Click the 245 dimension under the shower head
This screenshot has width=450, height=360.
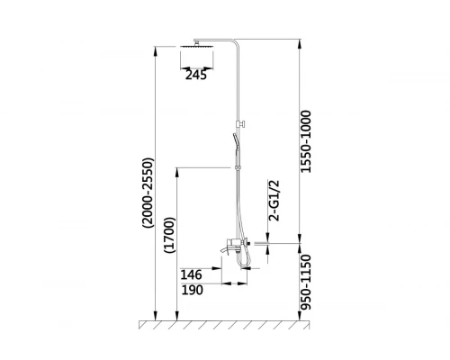[196, 75]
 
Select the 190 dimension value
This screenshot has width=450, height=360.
[192, 289]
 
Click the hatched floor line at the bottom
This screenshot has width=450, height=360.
[225, 323]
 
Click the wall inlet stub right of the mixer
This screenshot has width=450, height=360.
[261, 243]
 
